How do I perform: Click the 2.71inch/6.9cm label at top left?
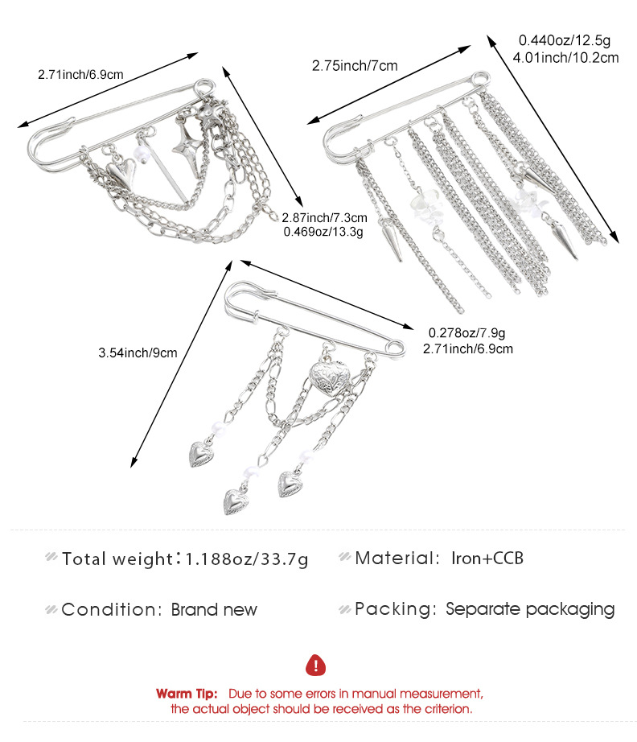point(80,75)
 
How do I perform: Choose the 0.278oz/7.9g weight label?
point(466,332)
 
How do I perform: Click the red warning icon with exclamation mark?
point(318,665)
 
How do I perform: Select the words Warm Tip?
point(187,693)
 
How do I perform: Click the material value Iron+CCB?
point(487,557)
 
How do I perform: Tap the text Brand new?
point(214,609)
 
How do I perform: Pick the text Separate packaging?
point(530,609)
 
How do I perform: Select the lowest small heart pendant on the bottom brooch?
point(236,500)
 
